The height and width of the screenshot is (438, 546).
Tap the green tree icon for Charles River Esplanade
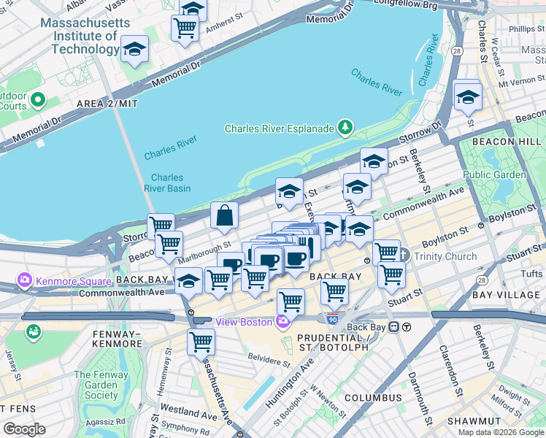point(345,128)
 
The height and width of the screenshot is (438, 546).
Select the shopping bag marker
point(225,215)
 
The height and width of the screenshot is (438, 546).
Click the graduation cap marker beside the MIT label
point(134,50)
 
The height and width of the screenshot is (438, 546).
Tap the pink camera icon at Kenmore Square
point(25,280)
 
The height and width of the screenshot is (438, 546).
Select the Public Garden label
point(494,174)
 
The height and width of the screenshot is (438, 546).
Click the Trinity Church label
point(445,256)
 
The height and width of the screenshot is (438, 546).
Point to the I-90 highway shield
point(333,319)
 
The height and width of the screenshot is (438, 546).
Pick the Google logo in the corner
point(24,429)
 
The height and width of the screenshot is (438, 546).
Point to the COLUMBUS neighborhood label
point(373,398)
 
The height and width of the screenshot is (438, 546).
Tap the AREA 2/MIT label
point(107,104)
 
